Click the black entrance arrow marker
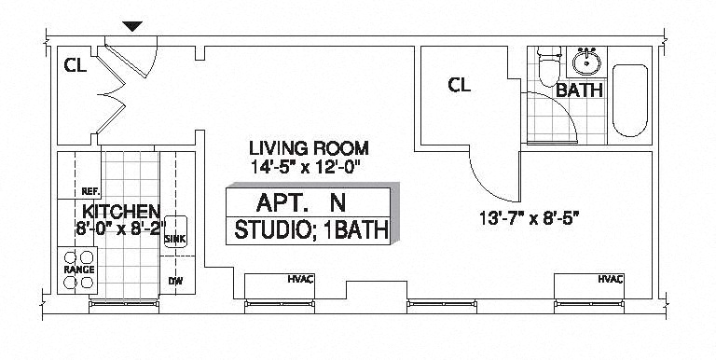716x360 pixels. coord(132,26)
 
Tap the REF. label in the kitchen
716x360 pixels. coord(90,191)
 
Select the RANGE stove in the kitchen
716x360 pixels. coord(77,270)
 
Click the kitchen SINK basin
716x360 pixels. coord(176,231)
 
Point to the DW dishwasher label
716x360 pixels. coord(175,281)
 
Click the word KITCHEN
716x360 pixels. coord(121,212)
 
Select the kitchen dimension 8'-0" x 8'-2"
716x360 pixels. coord(120,228)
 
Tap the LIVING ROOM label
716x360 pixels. coord(309,148)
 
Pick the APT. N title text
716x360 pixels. coord(301,202)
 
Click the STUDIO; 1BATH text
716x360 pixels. coord(311,229)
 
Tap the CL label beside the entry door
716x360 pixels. coord(76,66)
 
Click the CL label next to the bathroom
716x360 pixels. coord(460,85)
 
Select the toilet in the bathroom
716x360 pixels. coord(548,67)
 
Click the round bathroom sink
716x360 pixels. coord(586,62)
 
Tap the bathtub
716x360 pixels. coord(630,101)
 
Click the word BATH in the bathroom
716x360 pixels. coord(580,90)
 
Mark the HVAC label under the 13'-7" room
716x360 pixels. coord(611,279)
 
